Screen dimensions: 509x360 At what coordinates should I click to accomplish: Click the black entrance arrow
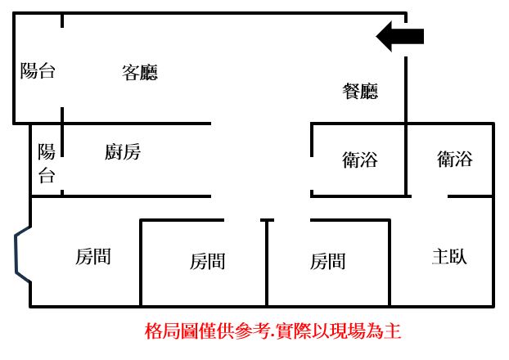400,36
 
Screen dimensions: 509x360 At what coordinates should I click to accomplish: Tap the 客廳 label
140,72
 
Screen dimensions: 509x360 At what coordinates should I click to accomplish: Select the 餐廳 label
360,91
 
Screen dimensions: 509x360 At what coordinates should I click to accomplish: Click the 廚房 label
123,151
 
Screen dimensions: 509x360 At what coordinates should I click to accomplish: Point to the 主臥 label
449,256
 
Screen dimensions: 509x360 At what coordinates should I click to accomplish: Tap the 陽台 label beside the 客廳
38,70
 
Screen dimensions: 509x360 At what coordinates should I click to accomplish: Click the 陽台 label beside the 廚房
47,164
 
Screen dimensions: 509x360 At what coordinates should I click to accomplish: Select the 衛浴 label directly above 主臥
454,159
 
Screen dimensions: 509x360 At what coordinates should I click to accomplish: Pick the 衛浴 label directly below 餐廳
360,160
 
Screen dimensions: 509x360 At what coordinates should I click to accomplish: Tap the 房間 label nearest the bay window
93,256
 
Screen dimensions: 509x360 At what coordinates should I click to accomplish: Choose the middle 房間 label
207,261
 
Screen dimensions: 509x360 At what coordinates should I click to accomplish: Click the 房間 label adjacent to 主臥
327,261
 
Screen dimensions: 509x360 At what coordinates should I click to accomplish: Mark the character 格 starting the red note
153,331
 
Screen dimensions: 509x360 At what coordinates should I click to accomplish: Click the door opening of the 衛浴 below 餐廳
312,173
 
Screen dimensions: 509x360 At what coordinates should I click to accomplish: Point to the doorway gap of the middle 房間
242,220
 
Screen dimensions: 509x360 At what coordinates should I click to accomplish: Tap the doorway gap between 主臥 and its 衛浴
430,196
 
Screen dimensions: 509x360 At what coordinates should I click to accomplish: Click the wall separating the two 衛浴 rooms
406,160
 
